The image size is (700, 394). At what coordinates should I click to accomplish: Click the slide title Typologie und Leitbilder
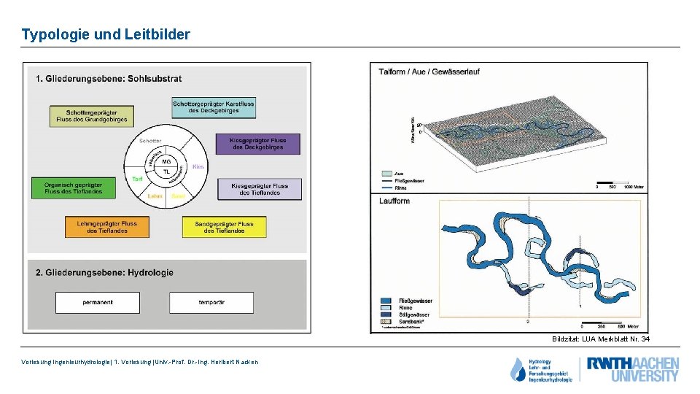(106, 34)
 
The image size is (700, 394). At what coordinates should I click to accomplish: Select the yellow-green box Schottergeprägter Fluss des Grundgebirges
(92, 115)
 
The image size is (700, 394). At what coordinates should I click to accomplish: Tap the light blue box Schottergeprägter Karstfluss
(213, 108)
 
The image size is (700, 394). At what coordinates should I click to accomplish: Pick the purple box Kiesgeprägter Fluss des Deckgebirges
(257, 144)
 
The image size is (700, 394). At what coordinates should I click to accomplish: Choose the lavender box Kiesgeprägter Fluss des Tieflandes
(260, 189)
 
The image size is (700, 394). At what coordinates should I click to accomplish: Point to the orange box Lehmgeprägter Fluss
(106, 226)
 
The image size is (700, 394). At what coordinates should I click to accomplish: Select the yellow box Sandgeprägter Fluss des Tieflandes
(224, 227)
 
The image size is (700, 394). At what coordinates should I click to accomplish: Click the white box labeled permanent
(97, 302)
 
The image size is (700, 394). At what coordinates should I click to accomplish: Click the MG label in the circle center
(166, 161)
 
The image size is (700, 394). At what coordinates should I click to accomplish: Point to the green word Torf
(136, 179)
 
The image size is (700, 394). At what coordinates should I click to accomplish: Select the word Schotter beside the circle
(150, 141)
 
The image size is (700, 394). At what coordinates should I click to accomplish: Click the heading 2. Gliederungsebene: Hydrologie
(104, 272)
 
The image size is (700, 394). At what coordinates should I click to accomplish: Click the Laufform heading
(394, 201)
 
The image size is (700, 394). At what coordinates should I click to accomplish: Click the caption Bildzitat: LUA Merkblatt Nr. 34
(600, 339)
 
